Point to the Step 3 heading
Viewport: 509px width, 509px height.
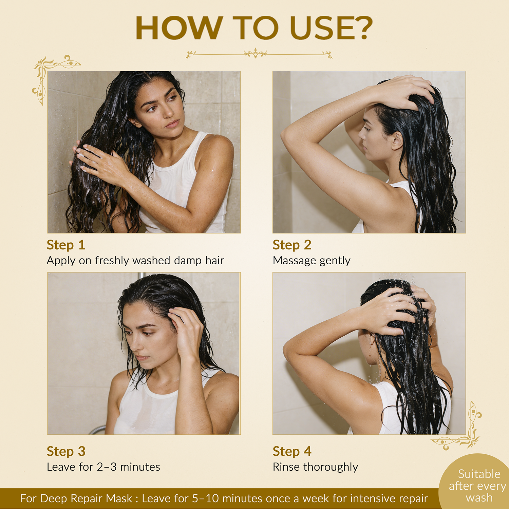[66, 452]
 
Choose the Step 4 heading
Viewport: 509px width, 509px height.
[292, 452]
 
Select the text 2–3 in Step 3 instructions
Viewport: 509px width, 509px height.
[107, 467]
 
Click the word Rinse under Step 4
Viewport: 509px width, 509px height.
[287, 467]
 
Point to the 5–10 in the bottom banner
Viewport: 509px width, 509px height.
[205, 498]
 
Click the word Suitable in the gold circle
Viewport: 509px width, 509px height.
[479, 474]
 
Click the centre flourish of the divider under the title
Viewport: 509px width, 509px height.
[256, 53]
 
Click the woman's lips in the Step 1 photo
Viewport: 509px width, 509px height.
[173, 123]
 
